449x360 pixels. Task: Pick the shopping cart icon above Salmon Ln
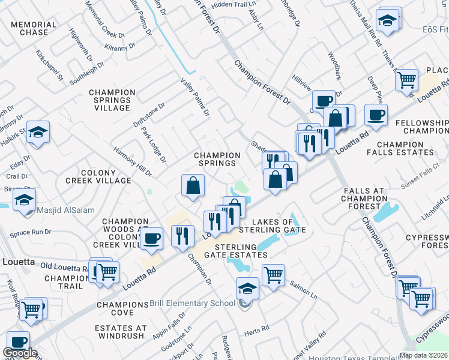[273, 275]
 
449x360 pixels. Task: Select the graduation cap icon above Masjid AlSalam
[25, 201]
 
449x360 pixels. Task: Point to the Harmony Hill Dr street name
[133, 162]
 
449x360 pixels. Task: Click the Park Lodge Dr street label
[154, 145]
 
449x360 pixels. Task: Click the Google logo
[20, 353]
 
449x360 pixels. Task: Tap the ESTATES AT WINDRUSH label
[120, 332]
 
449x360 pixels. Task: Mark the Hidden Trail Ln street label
[229, 4]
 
